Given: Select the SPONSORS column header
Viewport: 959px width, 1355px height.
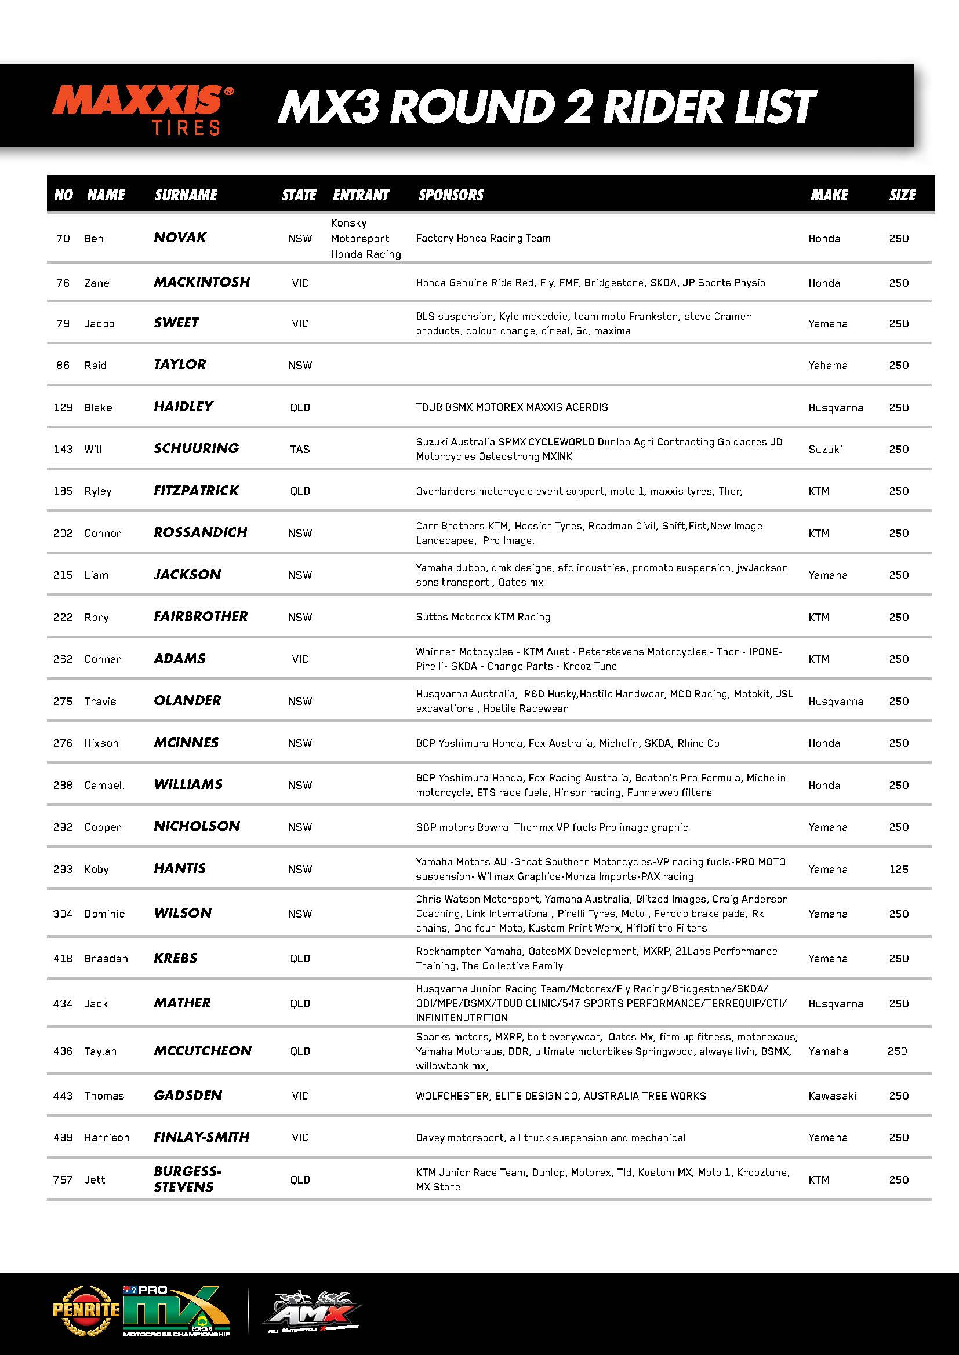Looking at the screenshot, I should tap(451, 195).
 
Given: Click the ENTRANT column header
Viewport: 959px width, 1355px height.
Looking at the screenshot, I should tap(361, 195).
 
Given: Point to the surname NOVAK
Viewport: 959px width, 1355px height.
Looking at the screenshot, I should tap(180, 238).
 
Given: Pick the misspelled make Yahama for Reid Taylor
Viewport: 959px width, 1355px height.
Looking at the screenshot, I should tap(827, 366).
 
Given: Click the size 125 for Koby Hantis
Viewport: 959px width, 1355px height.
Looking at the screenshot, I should tap(898, 870).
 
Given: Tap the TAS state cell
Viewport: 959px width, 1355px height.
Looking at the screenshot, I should tap(299, 450).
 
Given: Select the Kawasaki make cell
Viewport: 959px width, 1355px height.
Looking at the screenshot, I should tap(832, 1096).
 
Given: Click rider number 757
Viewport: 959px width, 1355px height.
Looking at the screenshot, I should tap(63, 1179).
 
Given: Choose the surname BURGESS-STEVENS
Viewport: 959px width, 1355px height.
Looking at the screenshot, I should tap(187, 1179).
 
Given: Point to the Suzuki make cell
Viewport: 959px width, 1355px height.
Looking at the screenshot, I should tap(825, 450).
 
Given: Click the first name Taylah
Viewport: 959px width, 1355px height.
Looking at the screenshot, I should tap(100, 1051).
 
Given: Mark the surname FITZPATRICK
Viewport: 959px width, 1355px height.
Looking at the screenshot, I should tap(196, 491).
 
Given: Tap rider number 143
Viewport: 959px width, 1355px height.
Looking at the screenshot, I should tap(63, 450).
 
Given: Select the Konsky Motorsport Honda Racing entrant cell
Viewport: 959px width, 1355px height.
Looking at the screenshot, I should tap(365, 239).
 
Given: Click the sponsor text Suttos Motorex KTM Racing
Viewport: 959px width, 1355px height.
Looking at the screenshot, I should tap(482, 618).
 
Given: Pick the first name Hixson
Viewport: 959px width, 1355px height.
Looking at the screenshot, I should tap(101, 743).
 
